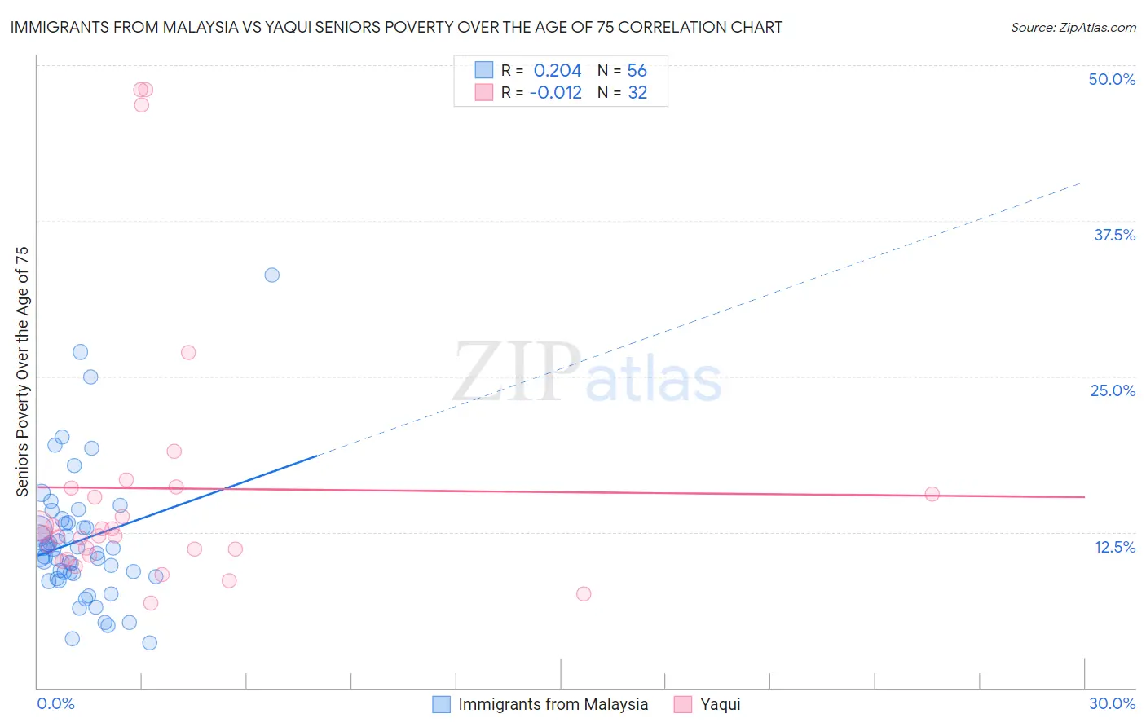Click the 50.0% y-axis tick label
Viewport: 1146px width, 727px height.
click(1112, 79)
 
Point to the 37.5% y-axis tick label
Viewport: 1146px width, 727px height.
click(1114, 235)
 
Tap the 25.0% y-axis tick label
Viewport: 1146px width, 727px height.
click(1113, 390)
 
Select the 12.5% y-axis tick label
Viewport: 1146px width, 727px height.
click(1114, 547)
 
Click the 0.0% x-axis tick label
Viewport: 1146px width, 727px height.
click(55, 703)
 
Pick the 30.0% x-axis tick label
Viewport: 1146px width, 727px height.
click(1112, 703)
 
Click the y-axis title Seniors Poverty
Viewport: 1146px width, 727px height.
click(22, 371)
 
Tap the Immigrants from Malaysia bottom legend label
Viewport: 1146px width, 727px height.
click(553, 704)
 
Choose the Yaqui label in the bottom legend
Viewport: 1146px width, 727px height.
click(721, 704)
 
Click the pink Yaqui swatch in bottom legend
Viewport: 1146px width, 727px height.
click(683, 704)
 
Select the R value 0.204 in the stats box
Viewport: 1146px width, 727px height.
click(558, 71)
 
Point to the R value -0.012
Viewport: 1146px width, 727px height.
click(555, 93)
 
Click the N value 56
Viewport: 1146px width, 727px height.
click(637, 71)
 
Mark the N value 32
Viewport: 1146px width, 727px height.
click(637, 93)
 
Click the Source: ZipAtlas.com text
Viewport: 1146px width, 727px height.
click(1073, 28)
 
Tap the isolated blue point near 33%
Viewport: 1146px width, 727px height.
click(272, 275)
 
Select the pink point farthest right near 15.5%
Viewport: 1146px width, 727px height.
click(932, 494)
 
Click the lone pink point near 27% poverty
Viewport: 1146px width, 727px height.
click(188, 353)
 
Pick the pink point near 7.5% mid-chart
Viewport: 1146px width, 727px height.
click(584, 594)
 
